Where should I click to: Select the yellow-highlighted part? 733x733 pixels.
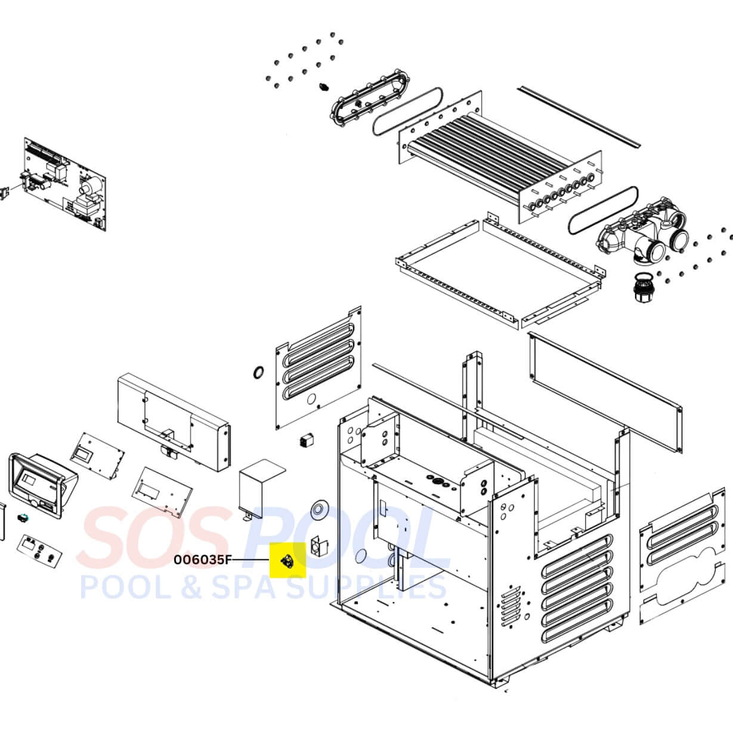287,561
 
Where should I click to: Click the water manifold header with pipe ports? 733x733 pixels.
644,236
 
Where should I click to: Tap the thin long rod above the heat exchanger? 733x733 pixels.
579,116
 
